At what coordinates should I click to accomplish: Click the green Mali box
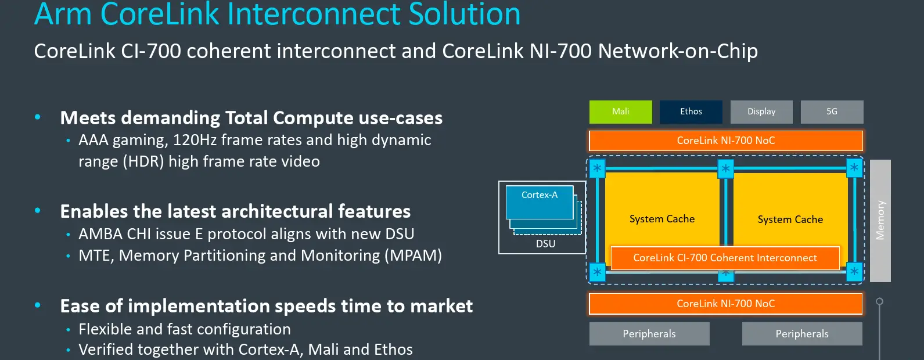point(620,111)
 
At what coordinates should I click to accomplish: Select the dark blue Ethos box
point(691,111)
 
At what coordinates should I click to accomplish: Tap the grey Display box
point(761,111)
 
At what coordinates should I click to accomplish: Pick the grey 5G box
point(832,111)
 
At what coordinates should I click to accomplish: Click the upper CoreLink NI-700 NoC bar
point(725,141)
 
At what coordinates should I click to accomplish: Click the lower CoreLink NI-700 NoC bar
point(725,304)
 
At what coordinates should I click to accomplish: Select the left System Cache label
point(662,219)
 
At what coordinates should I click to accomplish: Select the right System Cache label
point(790,219)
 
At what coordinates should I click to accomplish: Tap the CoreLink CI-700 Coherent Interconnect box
point(725,258)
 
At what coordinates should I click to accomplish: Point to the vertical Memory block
point(880,221)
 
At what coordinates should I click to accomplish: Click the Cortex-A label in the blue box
point(539,195)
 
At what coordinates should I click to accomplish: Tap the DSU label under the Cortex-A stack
point(545,244)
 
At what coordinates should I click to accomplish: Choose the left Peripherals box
point(649,334)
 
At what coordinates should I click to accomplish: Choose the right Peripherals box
point(802,334)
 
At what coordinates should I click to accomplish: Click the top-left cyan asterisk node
point(597,168)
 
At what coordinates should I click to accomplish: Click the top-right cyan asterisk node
point(854,168)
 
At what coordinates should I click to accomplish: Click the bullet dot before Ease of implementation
point(38,305)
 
